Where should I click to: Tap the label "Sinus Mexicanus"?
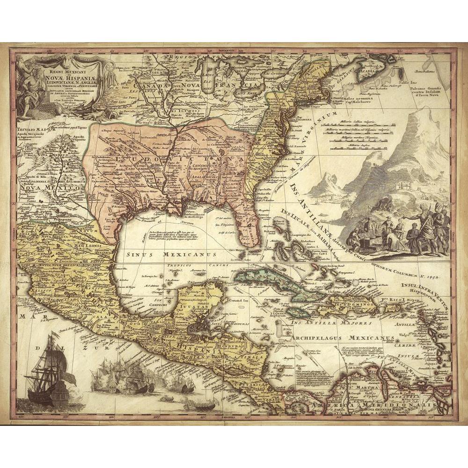coord(171,255)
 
